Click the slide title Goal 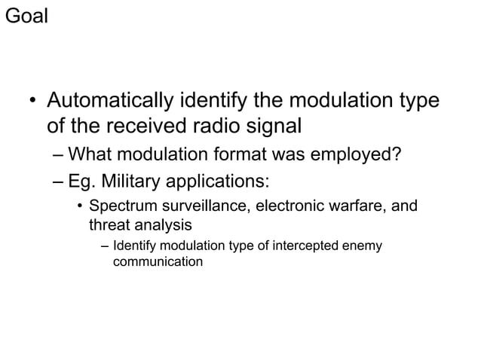pyautogui.click(x=26, y=16)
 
